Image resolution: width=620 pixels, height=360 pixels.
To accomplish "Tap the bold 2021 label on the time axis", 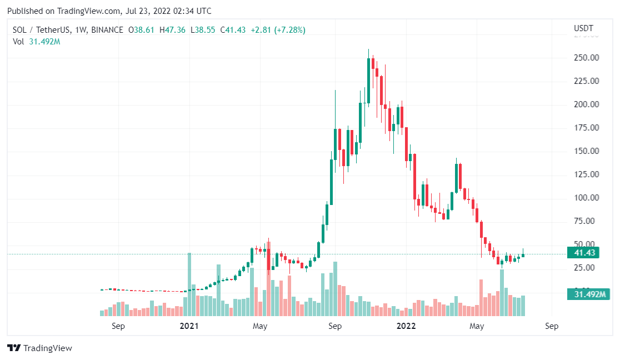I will tap(189, 327).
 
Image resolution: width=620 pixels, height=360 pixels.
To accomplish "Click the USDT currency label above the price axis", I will tap(583, 28).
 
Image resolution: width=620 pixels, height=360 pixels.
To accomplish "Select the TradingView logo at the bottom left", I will tap(39, 348).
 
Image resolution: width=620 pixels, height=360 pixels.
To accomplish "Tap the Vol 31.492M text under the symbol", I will tap(36, 42).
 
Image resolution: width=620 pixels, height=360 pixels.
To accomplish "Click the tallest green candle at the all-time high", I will tap(369, 72).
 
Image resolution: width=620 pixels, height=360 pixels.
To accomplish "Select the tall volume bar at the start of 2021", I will tap(189, 284).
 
